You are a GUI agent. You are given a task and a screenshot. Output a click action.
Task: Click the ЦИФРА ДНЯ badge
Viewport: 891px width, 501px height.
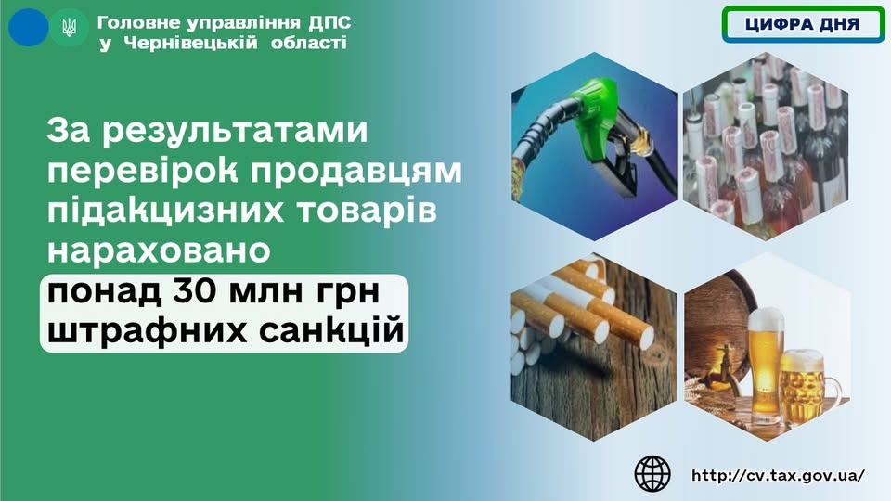click(802, 24)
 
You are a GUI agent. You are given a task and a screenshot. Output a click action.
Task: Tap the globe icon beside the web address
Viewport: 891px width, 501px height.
click(652, 474)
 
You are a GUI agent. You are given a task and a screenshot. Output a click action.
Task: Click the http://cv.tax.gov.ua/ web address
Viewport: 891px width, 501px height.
click(778, 475)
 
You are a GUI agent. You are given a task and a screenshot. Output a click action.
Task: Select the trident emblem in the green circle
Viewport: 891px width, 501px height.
click(69, 27)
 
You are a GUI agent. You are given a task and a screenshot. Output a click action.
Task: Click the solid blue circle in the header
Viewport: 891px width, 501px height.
click(29, 27)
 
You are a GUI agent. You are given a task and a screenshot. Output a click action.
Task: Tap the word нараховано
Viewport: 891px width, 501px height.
click(159, 251)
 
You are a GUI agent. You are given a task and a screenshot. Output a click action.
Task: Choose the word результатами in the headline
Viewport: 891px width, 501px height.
click(235, 132)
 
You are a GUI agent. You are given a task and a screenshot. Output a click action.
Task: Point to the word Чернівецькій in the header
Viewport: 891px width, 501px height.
click(190, 44)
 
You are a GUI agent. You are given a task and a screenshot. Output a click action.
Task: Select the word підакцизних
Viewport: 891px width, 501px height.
click(165, 211)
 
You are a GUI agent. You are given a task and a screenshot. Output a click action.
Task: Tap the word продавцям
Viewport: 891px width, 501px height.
click(355, 172)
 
